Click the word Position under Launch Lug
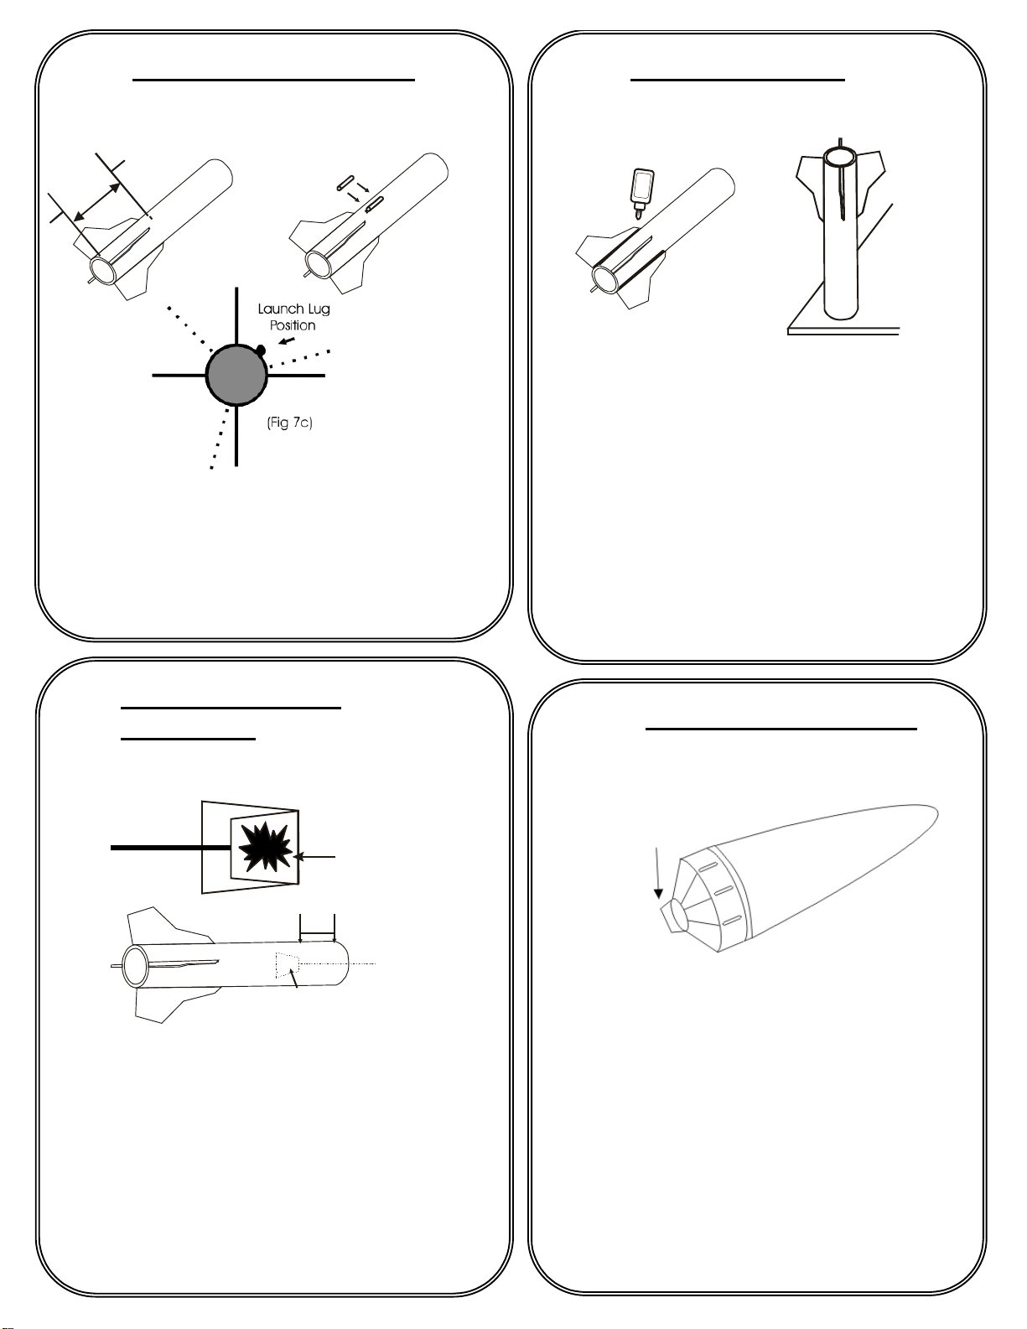pyautogui.click(x=293, y=325)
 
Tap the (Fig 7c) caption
pyautogui.click(x=290, y=423)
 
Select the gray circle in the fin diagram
pyautogui.click(x=236, y=374)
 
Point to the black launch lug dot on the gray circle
pyautogui.click(x=261, y=350)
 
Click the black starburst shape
pyautogui.click(x=265, y=847)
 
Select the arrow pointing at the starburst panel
pyautogui.click(x=314, y=858)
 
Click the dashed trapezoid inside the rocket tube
pyautogui.click(x=287, y=964)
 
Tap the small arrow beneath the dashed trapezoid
pyautogui.click(x=293, y=980)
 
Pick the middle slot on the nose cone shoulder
pyautogui.click(x=724, y=890)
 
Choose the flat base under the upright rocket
pyautogui.click(x=843, y=331)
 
